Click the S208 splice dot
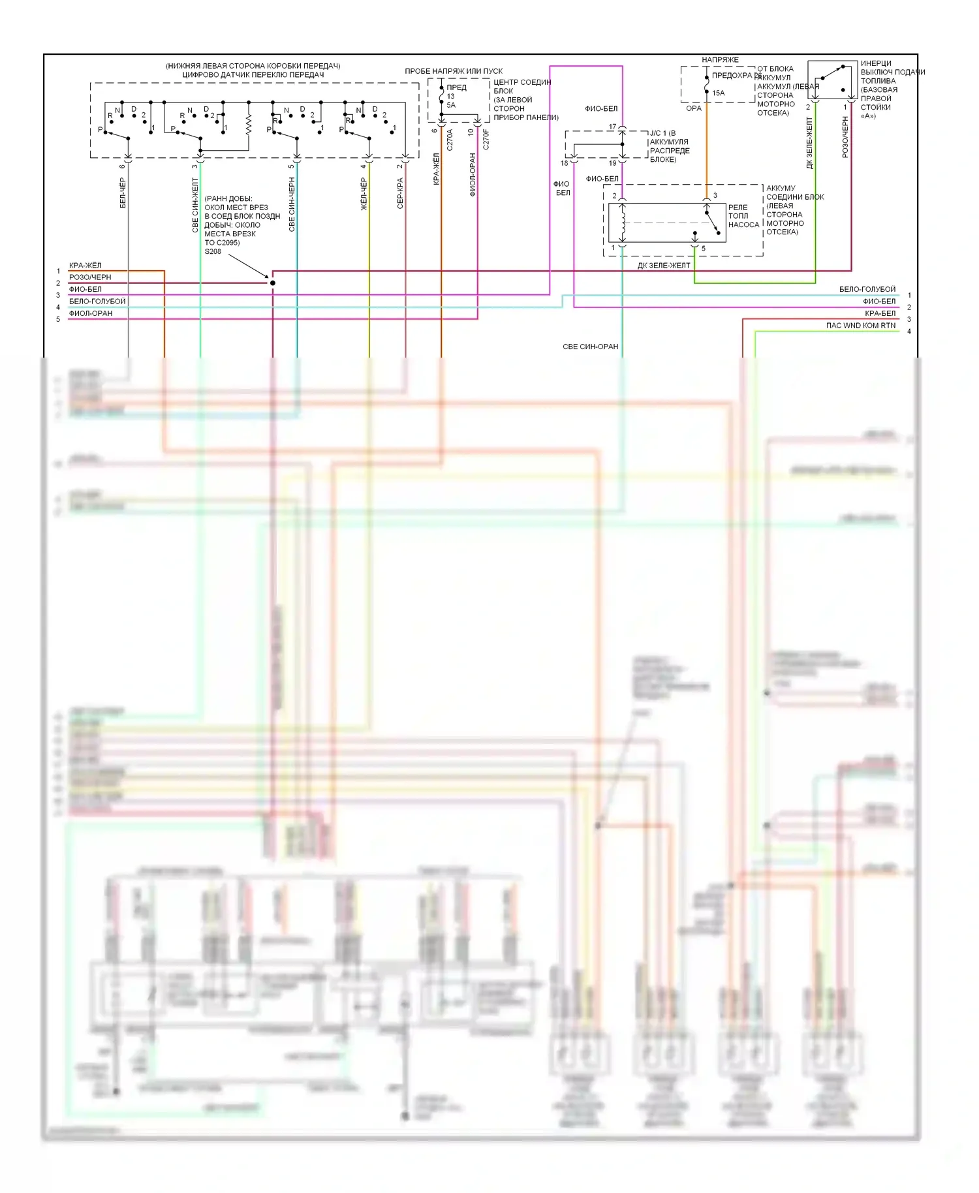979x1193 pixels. click(273, 283)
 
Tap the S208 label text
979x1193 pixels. click(213, 252)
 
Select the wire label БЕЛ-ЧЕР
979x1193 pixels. click(123, 193)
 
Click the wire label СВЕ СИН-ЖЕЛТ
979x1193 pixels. click(195, 205)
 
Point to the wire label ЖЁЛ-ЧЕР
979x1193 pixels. click(364, 194)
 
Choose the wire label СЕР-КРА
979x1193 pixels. click(400, 193)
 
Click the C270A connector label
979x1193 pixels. click(450, 140)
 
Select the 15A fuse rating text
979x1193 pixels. click(718, 93)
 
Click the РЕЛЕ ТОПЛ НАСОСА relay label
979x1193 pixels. click(743, 216)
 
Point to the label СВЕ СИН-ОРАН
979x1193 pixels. click(590, 347)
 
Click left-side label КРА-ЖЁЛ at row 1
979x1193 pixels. click(85, 266)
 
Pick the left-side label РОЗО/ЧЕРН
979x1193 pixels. click(90, 277)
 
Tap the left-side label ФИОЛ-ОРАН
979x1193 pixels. click(91, 313)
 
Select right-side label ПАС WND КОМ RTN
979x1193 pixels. click(860, 326)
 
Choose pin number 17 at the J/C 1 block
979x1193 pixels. click(612, 127)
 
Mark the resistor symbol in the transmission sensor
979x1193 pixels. click(249, 125)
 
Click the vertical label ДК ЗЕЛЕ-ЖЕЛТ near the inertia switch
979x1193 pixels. click(810, 144)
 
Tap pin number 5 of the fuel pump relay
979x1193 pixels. click(703, 249)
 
